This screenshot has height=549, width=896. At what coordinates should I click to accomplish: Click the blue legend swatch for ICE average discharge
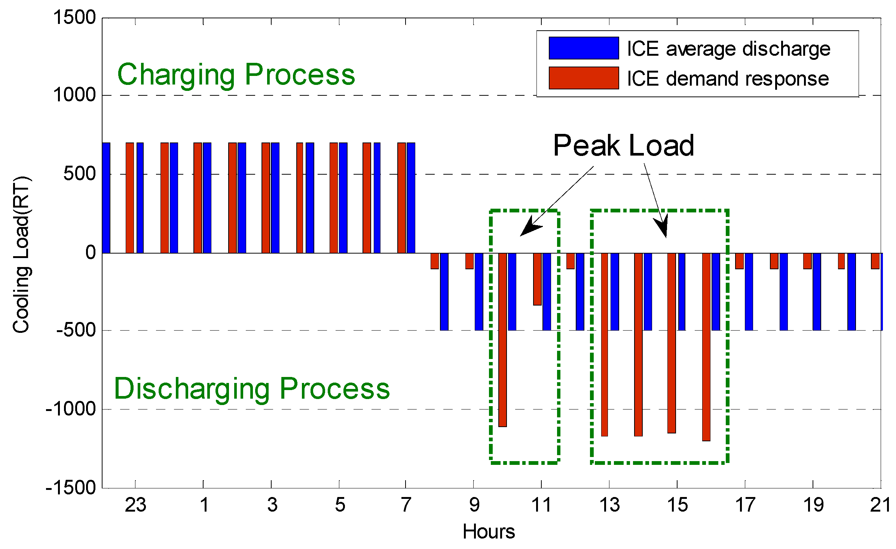[584, 48]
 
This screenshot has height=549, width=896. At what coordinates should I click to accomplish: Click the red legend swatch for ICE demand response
[584, 78]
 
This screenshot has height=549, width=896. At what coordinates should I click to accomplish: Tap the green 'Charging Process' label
[236, 75]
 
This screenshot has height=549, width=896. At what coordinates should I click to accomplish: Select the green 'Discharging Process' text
[252, 389]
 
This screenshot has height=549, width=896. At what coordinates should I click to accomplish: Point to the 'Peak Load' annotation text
[624, 145]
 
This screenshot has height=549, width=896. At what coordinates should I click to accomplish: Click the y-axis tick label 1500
[74, 18]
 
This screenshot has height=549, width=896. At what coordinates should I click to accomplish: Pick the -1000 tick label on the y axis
[71, 409]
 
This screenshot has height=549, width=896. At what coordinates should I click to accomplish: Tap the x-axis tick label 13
[609, 505]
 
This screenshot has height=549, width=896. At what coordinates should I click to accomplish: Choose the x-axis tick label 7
[406, 505]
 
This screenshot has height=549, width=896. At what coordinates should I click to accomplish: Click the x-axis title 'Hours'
[489, 531]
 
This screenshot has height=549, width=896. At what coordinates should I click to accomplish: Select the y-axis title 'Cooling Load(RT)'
[21, 254]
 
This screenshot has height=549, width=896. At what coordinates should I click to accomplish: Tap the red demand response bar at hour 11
[537, 279]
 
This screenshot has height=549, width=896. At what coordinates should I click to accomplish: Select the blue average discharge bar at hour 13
[614, 292]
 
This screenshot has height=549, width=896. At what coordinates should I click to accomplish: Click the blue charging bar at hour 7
[411, 198]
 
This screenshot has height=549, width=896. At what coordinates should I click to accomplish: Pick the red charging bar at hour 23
[130, 198]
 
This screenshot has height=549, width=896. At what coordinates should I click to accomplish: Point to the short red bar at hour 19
[807, 261]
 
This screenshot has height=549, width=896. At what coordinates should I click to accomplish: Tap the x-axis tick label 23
[135, 505]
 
